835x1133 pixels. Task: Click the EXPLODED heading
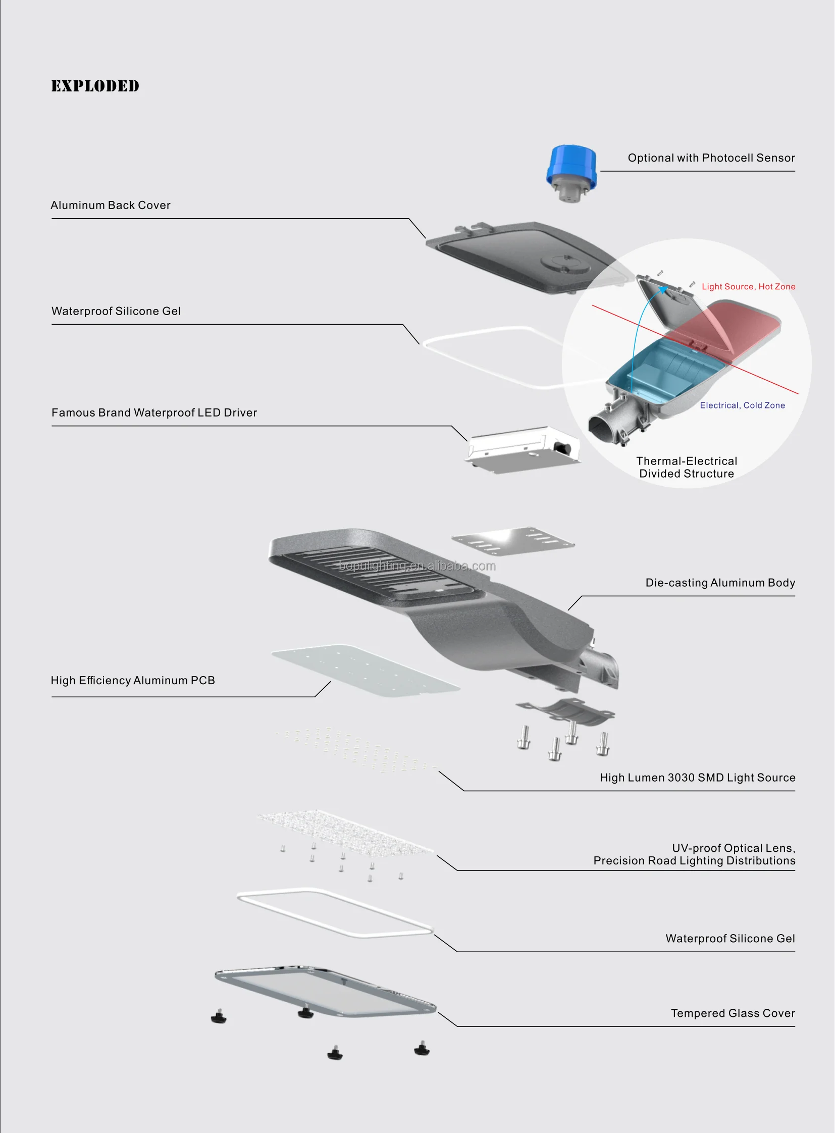[95, 86]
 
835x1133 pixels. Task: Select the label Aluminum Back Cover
[111, 205]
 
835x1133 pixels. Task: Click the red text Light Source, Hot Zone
[748, 287]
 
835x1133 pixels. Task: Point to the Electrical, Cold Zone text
[742, 405]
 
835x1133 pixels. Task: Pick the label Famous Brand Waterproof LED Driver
[154, 413]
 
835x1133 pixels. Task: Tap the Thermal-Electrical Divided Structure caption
[687, 467]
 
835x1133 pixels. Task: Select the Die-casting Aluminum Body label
[720, 583]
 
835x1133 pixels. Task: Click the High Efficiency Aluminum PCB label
[133, 681]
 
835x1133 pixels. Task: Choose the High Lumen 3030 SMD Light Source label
[697, 778]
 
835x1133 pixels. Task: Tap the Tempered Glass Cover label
[733, 1013]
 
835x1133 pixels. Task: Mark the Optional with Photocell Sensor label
[711, 158]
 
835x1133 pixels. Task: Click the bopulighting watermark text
[417, 565]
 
